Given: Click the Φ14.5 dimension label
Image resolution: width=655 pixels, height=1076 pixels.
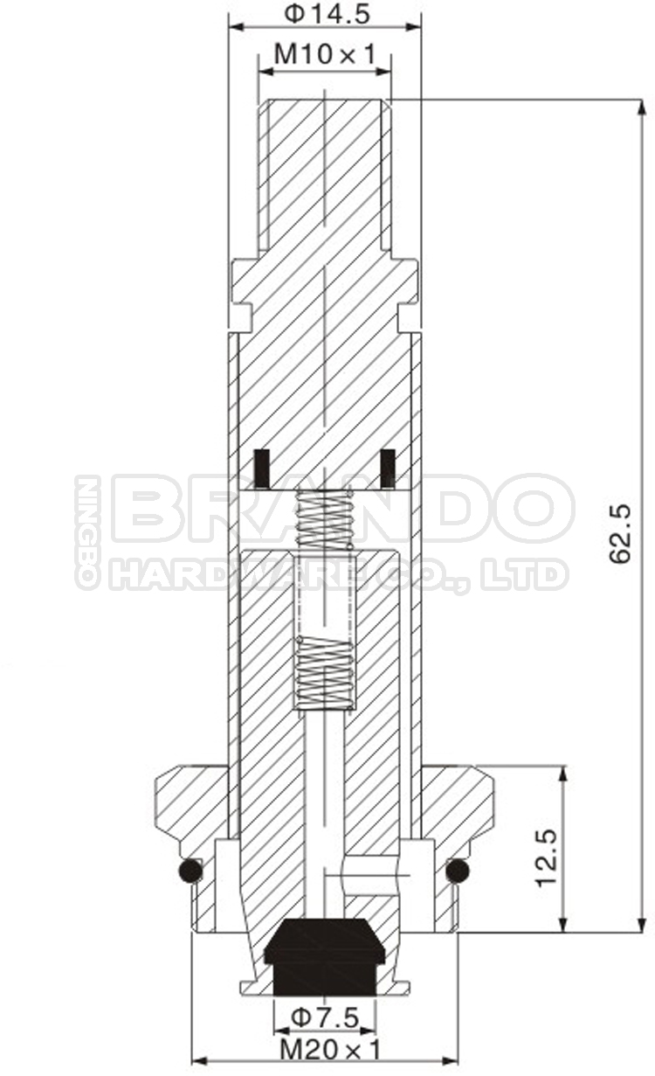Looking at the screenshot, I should [324, 14].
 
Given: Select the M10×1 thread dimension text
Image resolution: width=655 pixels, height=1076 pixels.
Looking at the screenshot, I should [324, 55].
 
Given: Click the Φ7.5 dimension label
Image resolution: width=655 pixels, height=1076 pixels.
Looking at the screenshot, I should [324, 1017].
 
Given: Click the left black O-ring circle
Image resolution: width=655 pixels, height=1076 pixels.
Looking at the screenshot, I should [190, 871].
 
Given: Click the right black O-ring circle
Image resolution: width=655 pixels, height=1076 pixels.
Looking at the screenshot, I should [457, 871].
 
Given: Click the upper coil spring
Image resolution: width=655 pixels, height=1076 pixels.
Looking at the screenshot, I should [325, 519].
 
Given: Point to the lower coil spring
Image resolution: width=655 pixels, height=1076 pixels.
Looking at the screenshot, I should [325, 671].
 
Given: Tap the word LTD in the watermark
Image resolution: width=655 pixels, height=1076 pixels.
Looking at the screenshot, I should [534, 575].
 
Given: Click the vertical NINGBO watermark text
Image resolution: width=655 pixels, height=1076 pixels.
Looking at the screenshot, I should [86, 532].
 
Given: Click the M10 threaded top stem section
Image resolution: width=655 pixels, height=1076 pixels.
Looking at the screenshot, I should [324, 175].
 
